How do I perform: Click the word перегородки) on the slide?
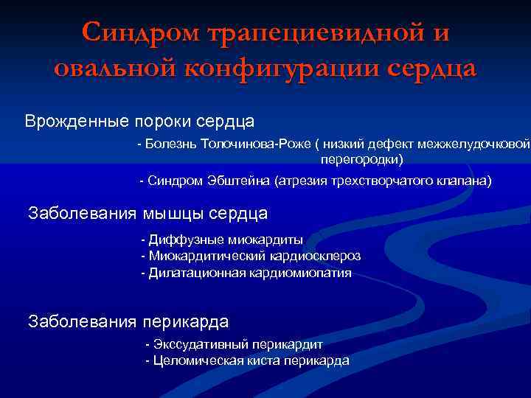pyautogui.click(x=362, y=158)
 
